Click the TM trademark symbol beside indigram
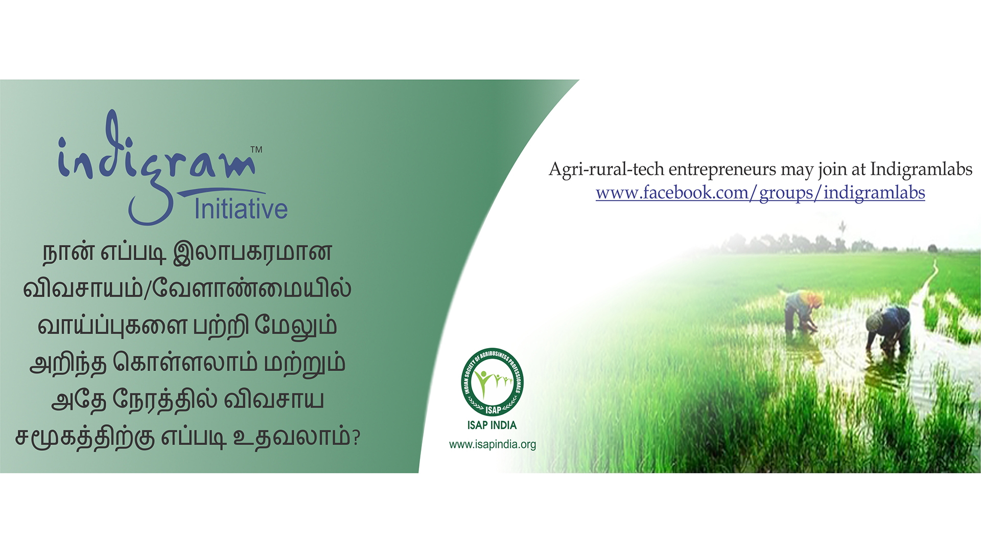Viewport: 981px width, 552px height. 256,150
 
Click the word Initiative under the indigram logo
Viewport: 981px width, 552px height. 241,209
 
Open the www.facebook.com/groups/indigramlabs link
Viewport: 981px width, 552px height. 760,193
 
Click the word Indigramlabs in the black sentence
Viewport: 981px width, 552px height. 921,169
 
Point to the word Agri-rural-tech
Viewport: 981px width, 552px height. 606,169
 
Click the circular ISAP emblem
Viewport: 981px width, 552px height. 492,381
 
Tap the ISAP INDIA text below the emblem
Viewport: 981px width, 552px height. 492,425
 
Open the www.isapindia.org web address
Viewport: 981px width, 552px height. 493,444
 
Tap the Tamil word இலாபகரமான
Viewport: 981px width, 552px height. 253,252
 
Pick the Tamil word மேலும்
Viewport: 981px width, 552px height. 296,326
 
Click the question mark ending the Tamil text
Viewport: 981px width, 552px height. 356,438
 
